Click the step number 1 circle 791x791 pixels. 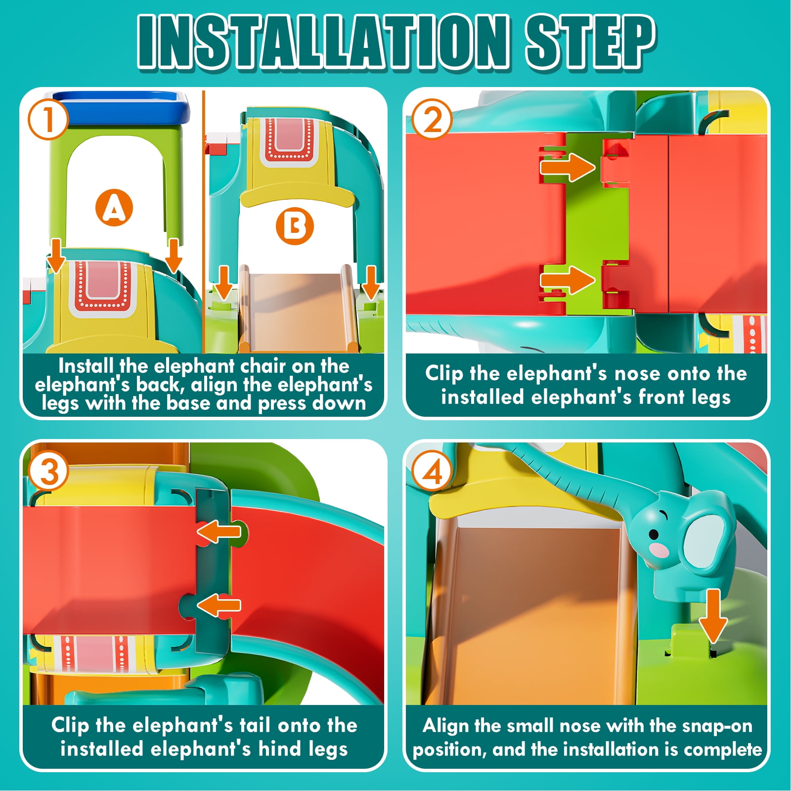47,119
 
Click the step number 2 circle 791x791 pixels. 432,119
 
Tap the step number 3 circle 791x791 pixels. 48,471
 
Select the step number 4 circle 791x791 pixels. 432,471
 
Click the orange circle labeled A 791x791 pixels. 114,208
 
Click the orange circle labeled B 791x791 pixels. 295,227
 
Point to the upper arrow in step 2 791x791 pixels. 568,167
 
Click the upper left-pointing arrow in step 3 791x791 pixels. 219,532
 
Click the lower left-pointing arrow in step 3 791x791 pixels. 219,605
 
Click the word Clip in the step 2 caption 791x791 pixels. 444,374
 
